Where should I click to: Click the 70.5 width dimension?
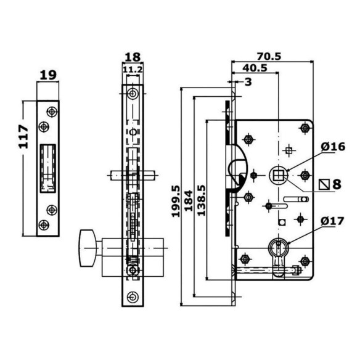point(269,56)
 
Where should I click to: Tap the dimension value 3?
point(248,82)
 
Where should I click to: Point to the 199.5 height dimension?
point(176,202)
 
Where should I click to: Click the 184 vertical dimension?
point(189,200)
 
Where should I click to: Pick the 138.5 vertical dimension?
point(202,200)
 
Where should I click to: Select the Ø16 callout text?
point(333,147)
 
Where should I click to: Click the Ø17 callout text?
point(333,221)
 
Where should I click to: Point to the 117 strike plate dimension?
point(23,137)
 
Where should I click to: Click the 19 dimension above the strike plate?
point(48,75)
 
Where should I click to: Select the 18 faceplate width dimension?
point(133,57)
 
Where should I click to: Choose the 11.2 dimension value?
point(133,69)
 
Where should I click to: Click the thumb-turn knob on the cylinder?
point(88,248)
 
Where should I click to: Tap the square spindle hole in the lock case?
point(278,176)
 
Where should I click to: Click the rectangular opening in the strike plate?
point(48,168)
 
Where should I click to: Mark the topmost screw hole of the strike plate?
point(52,112)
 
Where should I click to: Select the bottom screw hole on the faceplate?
point(133,297)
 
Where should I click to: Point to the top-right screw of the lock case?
point(305,128)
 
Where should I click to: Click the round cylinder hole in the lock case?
point(278,247)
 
